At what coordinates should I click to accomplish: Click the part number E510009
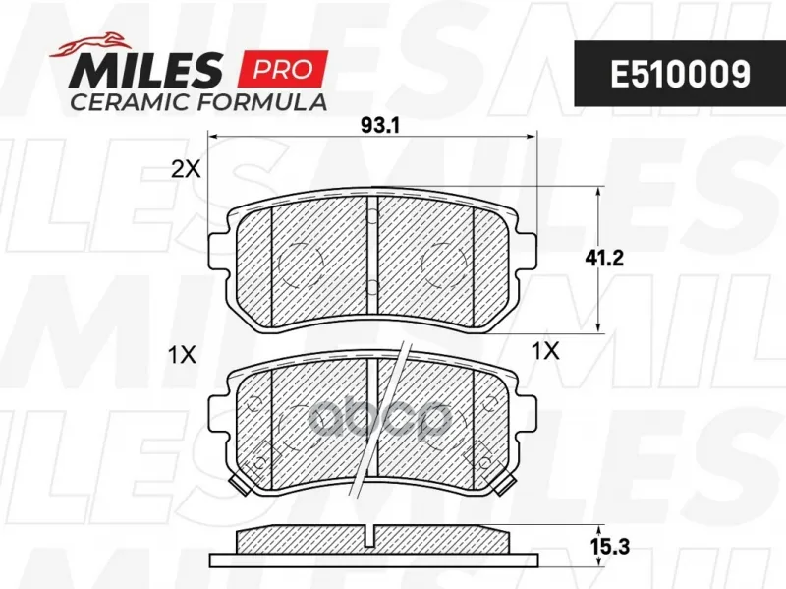pyautogui.click(x=680, y=75)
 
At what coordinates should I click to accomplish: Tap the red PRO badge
pyautogui.click(x=284, y=69)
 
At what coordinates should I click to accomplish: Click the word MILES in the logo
pyautogui.click(x=145, y=70)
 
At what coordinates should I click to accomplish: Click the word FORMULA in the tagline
pyautogui.click(x=262, y=102)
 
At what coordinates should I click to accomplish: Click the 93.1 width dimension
pyautogui.click(x=380, y=126)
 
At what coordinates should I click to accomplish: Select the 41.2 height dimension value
pyautogui.click(x=604, y=259)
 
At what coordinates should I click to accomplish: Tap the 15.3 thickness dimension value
pyautogui.click(x=610, y=547)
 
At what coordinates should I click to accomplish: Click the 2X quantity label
pyautogui.click(x=186, y=170)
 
